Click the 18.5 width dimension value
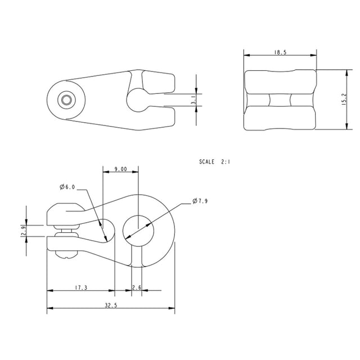(x=280, y=52)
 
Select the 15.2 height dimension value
(x=343, y=100)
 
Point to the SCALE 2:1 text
(x=214, y=161)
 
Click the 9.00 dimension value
(x=120, y=169)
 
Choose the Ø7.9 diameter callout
(x=201, y=201)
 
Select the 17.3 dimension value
(x=80, y=287)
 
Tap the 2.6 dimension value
(x=136, y=287)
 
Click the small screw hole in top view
(x=66, y=100)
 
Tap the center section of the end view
(x=280, y=100)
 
